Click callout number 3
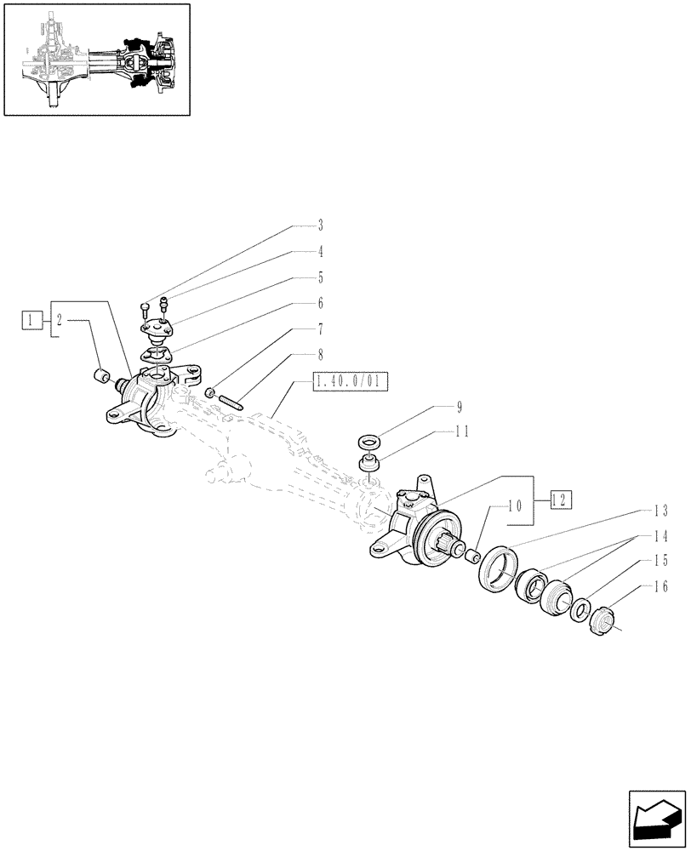pos(320,226)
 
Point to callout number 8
pos(320,354)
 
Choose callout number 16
pos(660,587)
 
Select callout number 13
pos(660,511)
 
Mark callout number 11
pos(462,431)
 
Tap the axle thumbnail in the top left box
pos(95,59)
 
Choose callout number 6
pos(320,303)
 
